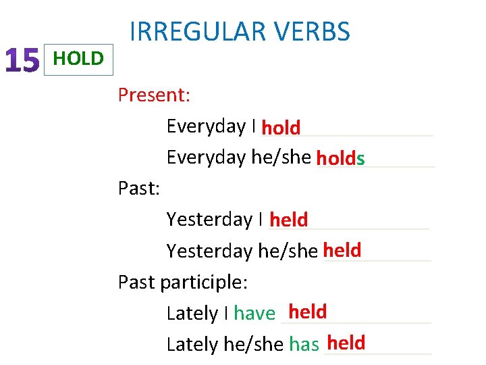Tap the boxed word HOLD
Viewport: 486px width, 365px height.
78,59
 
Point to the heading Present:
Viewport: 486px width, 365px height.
154,95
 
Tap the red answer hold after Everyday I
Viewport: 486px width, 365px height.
281,127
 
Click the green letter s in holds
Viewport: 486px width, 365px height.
361,159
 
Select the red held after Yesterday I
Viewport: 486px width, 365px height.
288,220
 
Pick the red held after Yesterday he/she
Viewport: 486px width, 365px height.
342,251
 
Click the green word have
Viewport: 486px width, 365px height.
254,313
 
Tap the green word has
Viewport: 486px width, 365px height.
304,345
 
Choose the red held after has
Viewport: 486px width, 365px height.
346,343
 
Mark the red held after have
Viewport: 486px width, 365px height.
307,312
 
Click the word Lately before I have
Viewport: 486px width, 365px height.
192,313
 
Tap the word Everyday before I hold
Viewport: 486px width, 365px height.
206,126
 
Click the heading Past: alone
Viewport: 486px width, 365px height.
138,188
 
